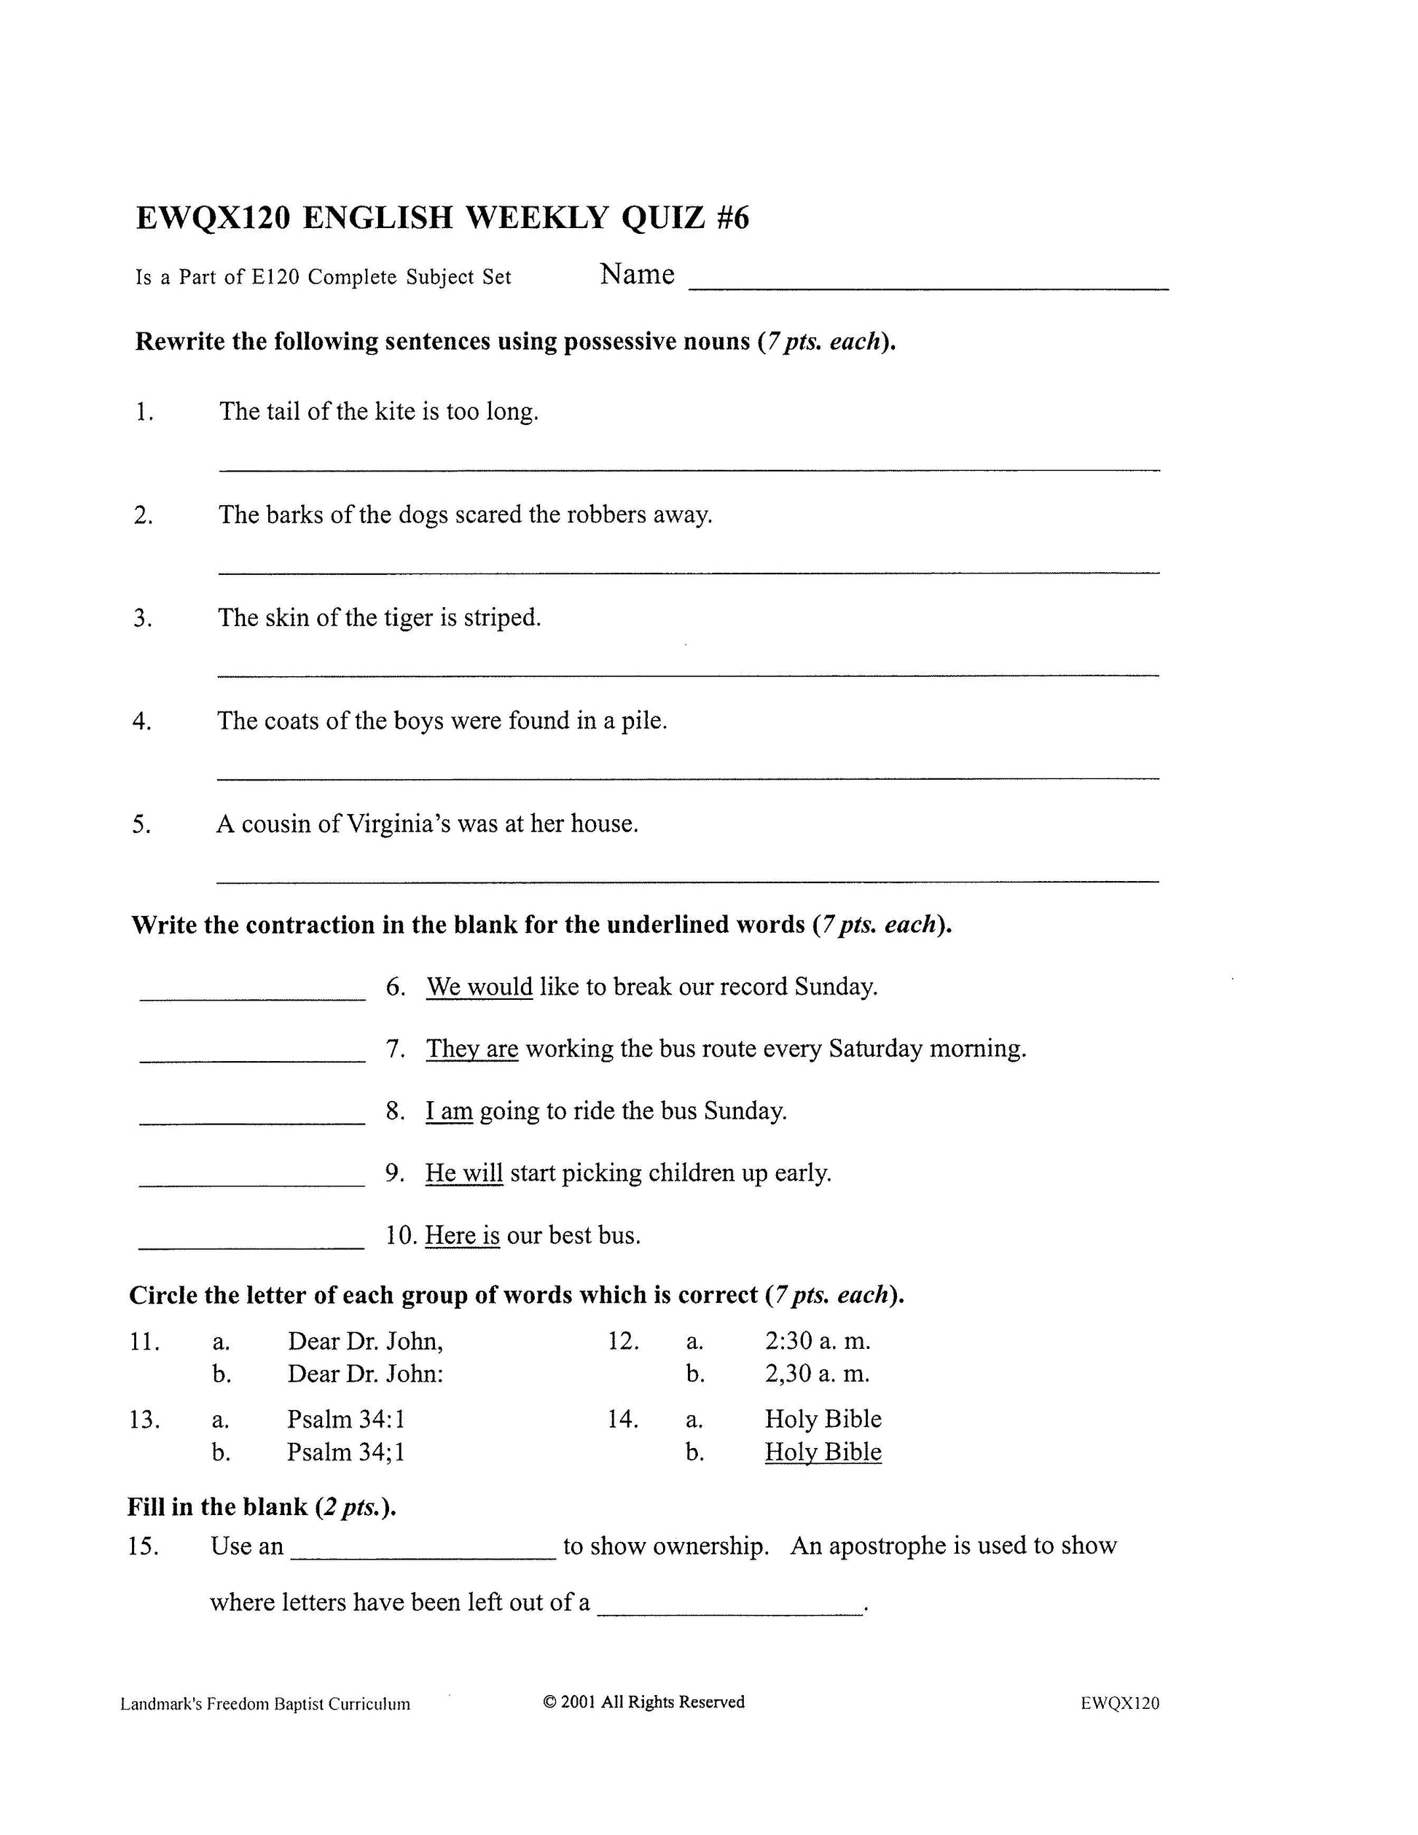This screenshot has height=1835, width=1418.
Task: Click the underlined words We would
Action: (x=479, y=987)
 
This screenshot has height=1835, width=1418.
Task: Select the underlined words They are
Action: (x=471, y=1049)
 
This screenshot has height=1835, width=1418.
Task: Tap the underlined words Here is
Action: (x=462, y=1235)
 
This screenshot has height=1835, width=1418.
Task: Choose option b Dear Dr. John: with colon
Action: (x=364, y=1374)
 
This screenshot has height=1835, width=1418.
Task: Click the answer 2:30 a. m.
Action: (x=818, y=1341)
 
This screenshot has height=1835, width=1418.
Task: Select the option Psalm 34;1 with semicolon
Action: (x=345, y=1452)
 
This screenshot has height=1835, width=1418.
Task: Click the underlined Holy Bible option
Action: (x=823, y=1452)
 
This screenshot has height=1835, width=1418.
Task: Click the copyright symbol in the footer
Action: (x=550, y=1702)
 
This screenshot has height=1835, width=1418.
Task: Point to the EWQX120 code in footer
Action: (x=1120, y=1703)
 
